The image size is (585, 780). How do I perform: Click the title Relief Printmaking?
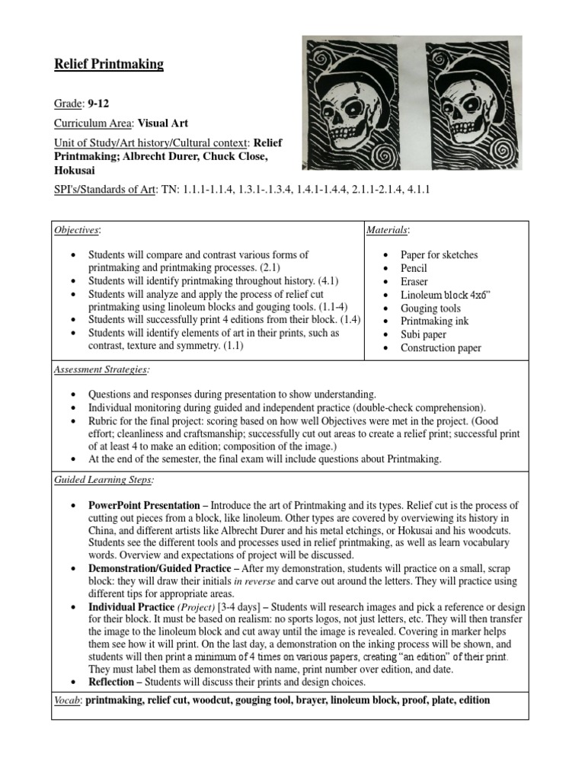(109, 65)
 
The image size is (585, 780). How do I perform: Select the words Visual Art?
(163, 122)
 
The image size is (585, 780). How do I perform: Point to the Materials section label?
(388, 230)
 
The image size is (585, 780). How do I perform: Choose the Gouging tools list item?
(430, 308)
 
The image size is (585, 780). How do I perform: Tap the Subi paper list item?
(424, 334)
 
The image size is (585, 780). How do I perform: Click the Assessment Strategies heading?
(101, 370)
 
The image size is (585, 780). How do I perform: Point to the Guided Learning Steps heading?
(103, 480)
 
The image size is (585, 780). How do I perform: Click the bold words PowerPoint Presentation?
(145, 506)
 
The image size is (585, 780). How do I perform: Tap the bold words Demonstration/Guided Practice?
(152, 567)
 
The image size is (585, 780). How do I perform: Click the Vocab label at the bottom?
(67, 700)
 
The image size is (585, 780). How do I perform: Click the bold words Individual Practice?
(131, 607)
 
